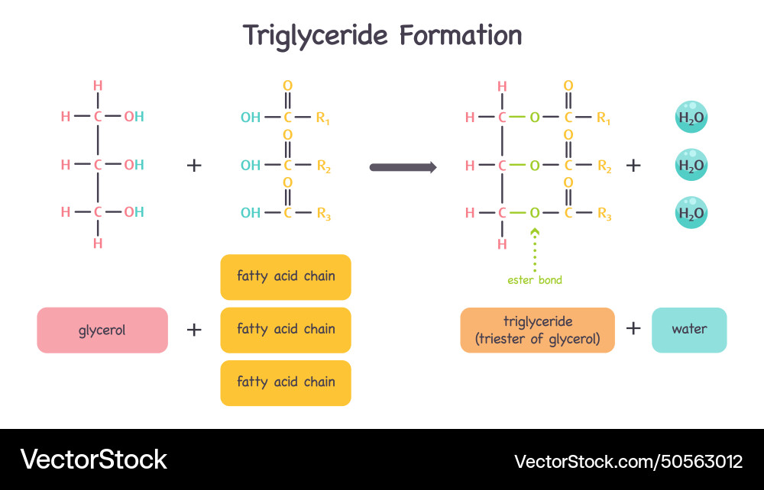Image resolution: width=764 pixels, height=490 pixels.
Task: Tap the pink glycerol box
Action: click(x=102, y=330)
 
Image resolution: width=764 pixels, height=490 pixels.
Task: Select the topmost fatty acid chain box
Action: click(x=286, y=276)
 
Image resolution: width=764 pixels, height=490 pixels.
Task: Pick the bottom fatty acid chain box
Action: click(x=286, y=382)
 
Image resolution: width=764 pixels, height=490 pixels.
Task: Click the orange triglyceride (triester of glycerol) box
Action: click(x=537, y=330)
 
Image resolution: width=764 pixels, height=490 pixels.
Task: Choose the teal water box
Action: click(x=689, y=330)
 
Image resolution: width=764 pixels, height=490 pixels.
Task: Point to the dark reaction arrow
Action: click(x=403, y=166)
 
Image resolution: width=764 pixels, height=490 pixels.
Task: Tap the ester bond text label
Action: click(x=535, y=280)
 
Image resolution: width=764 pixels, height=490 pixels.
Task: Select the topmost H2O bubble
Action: click(x=691, y=118)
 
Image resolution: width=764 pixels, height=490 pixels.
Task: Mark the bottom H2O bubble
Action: click(x=691, y=213)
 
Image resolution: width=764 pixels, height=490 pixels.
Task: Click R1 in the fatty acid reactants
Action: click(x=323, y=118)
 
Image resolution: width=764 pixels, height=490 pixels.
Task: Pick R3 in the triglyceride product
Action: click(x=604, y=214)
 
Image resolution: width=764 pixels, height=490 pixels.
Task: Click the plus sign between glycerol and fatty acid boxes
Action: click(x=194, y=330)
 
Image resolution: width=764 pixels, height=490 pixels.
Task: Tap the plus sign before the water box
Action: click(x=633, y=329)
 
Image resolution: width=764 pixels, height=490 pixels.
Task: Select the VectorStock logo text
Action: click(x=93, y=459)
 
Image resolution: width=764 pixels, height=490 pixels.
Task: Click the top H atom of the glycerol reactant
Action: click(x=98, y=85)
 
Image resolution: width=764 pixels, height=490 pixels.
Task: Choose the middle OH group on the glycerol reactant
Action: click(x=134, y=165)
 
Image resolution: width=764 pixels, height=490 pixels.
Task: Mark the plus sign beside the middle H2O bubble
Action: click(x=633, y=165)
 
